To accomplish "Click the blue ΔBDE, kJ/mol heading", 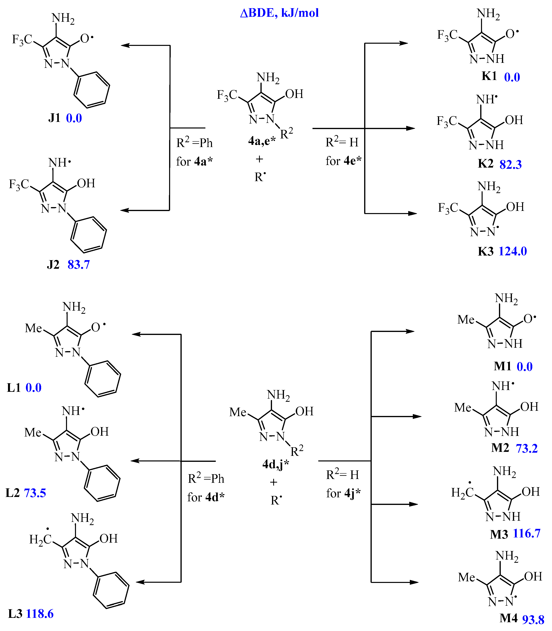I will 279,13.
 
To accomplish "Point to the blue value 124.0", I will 513,251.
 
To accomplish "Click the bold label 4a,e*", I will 261,141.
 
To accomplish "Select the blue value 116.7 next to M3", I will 527,533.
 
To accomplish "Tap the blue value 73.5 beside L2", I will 35,493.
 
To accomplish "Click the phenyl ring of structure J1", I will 92,90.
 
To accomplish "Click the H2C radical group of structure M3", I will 463,492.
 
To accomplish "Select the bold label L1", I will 14,388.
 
